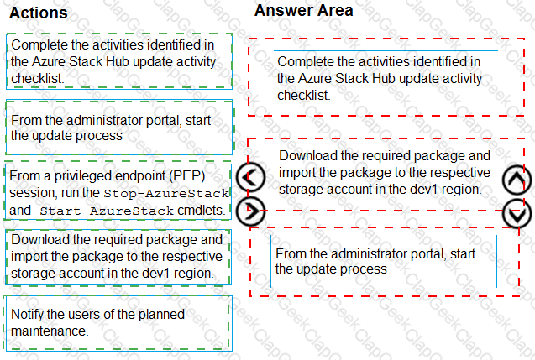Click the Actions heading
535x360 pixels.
tap(39, 13)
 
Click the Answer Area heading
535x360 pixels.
tap(304, 10)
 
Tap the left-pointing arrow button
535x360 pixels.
tap(251, 177)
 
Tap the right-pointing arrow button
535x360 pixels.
tap(251, 211)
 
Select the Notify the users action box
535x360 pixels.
tap(118, 323)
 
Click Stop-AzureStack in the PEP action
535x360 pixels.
tap(166, 194)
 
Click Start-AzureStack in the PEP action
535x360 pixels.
tap(107, 211)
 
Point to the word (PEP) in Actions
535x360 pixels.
tap(187, 176)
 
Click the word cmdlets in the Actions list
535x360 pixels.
tap(202, 211)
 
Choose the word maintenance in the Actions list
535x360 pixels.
tap(50, 331)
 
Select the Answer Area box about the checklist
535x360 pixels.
tap(386, 77)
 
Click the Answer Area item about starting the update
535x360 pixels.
tap(385, 262)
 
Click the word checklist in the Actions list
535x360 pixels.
tap(38, 78)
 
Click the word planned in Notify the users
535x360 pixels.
tap(161, 315)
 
